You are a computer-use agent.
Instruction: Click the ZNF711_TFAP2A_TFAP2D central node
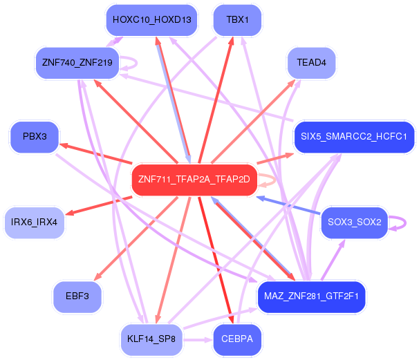194,180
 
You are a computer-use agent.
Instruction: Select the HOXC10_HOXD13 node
151,19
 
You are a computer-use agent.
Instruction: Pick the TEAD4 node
310,63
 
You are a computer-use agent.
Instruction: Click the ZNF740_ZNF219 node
77,63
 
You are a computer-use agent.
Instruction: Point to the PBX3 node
35,136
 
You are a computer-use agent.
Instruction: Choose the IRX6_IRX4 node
34,222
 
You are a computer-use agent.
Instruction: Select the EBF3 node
77,296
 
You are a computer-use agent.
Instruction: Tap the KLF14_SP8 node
151,339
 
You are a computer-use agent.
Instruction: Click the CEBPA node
237,339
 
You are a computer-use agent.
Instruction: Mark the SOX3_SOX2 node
354,222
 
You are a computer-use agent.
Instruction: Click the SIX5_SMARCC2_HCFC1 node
354,136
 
